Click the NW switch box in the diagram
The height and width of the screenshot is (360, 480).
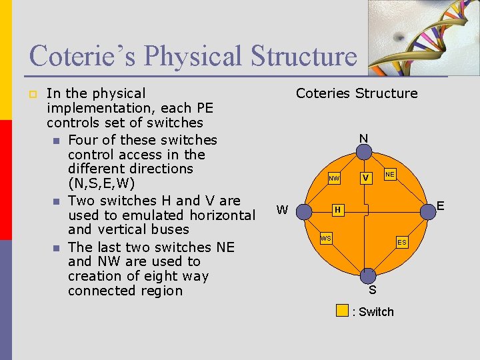(335, 179)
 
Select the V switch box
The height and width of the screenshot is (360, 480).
(365, 178)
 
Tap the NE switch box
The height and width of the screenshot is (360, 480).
(390, 174)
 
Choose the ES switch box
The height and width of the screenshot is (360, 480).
(402, 243)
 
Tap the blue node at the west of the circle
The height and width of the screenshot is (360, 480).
(304, 211)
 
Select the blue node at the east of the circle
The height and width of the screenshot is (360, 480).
(425, 211)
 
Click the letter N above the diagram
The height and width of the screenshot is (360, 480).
(363, 139)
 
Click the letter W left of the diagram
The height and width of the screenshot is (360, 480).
(282, 211)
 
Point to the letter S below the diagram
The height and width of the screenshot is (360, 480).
(372, 290)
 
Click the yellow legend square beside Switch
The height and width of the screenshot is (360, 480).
(342, 310)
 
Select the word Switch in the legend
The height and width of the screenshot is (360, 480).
(377, 311)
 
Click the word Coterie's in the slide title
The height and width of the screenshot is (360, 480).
(83, 56)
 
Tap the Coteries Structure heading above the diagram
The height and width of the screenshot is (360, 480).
(357, 93)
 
